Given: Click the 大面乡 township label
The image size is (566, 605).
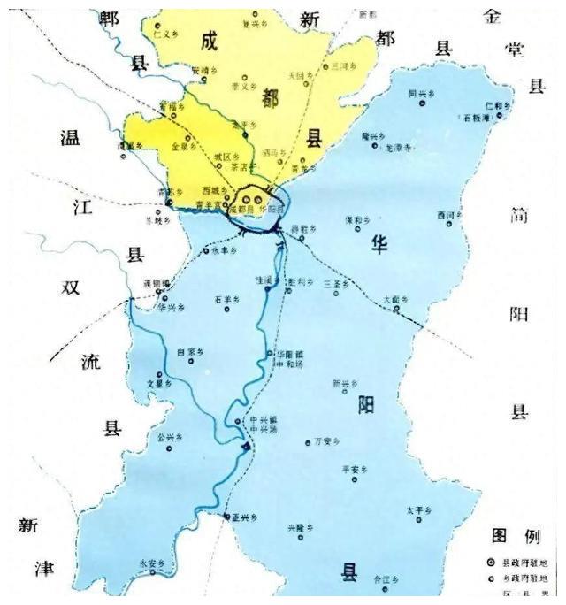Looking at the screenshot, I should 396,300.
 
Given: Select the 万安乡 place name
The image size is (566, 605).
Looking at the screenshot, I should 326,441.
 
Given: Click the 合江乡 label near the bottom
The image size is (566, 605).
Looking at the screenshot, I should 385,580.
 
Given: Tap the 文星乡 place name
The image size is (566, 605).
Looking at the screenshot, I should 157,385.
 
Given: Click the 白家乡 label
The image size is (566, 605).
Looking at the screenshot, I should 190,351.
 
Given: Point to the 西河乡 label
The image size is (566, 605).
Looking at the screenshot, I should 449,215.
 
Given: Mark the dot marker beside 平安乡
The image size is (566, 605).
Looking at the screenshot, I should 355,480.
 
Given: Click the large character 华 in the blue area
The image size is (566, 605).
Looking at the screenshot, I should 380,245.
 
